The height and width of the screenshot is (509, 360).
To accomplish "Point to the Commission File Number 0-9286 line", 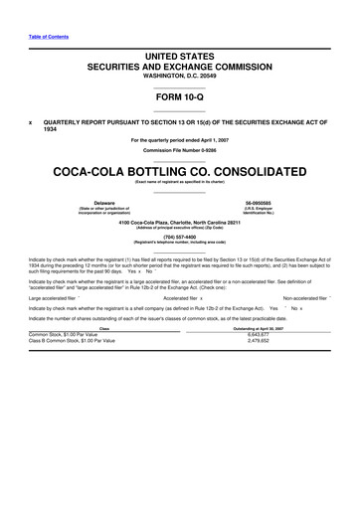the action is (x=179, y=148).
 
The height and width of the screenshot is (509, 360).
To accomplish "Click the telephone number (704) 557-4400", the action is (x=179, y=237).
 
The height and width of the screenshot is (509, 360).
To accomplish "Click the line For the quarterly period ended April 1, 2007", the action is (x=179, y=139).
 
